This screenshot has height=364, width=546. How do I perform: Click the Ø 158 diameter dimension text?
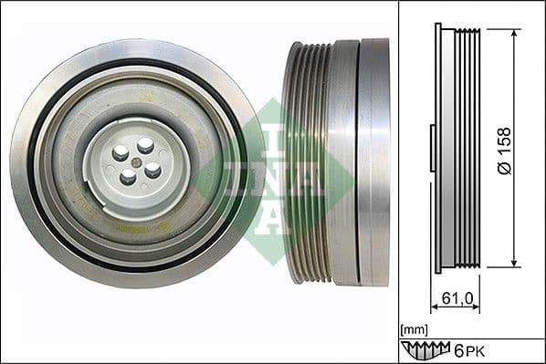[503, 150]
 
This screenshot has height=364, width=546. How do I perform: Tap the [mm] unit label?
[414, 327]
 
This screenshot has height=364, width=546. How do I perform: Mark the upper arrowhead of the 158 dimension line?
[515, 34]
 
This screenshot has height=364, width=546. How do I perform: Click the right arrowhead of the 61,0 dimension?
[478, 307]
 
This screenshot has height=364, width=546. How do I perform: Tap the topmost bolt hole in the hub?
[144, 143]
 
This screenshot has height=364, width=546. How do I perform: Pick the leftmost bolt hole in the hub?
[120, 154]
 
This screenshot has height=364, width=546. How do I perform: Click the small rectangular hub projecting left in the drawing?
[433, 148]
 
